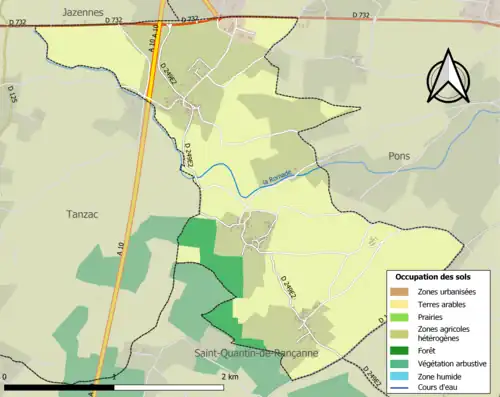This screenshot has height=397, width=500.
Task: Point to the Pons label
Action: (399, 156)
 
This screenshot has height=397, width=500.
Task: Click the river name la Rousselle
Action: (277, 176)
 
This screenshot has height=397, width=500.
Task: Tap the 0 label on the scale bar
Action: (7, 377)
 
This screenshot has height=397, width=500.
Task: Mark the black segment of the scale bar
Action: (60, 386)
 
